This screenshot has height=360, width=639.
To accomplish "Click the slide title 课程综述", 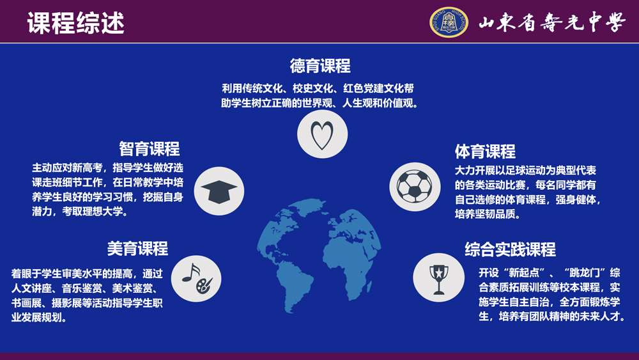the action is [76, 23].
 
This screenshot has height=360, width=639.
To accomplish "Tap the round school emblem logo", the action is [449, 22].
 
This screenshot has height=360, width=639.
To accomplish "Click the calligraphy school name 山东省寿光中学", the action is [551, 22].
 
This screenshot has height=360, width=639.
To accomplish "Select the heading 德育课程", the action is [320, 66].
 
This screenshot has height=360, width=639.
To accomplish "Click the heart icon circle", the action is [322, 134].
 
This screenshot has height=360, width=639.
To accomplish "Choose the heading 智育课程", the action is [149, 149].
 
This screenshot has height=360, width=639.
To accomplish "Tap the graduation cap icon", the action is [219, 191].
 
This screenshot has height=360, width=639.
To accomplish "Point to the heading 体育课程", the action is [485, 152].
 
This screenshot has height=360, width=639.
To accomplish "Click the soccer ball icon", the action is [415, 187].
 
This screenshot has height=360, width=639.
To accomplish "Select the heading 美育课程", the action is [137, 248].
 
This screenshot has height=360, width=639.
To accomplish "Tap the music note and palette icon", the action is [196, 278].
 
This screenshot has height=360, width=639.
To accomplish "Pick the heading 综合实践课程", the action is [510, 249].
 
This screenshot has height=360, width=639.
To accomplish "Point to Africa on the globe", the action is [350, 261].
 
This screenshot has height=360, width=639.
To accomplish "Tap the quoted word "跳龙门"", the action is [585, 273].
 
